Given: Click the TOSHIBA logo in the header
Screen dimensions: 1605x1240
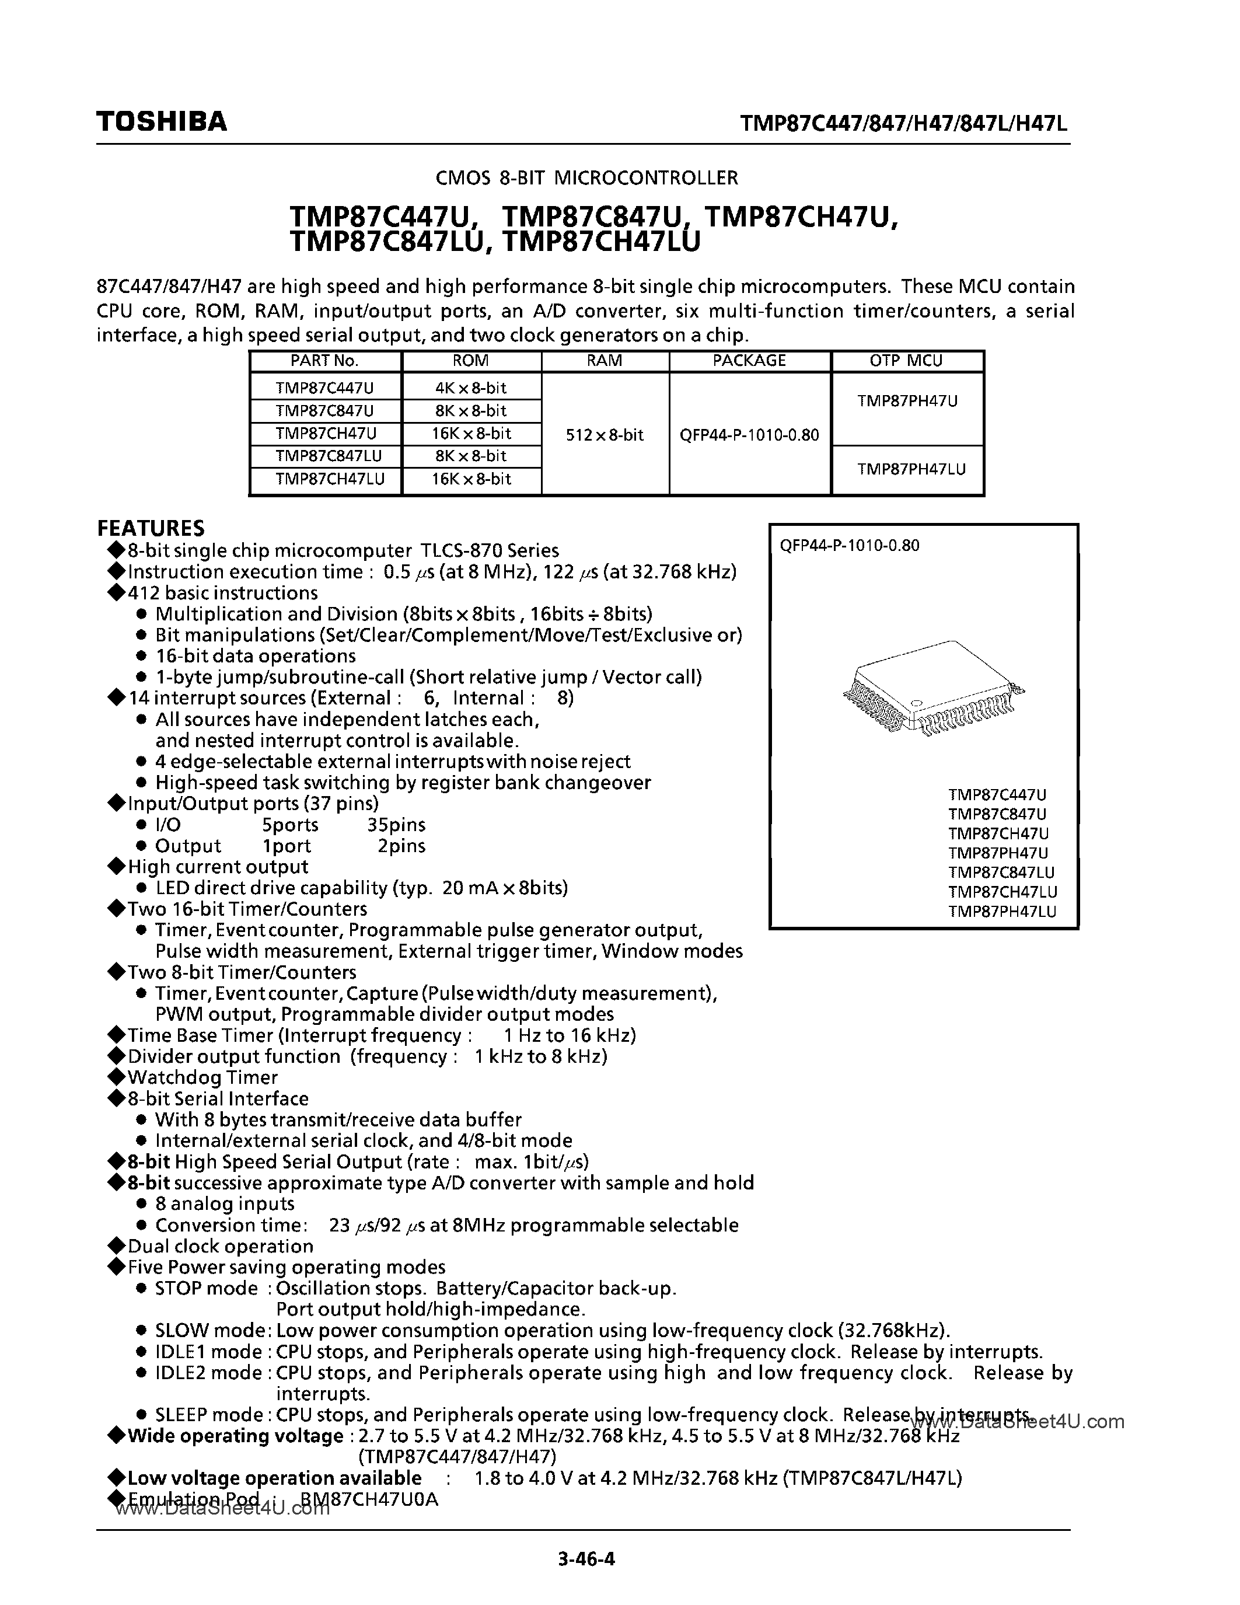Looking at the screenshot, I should click(x=162, y=121).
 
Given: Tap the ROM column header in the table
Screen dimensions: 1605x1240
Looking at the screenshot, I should click(x=471, y=361).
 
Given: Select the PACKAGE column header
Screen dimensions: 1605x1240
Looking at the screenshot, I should click(x=749, y=361).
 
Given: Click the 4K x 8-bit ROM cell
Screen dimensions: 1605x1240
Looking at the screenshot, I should click(x=471, y=388).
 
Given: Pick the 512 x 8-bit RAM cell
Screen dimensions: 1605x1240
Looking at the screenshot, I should click(x=605, y=435).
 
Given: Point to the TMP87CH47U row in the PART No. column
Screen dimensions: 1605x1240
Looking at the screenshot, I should click(x=326, y=434).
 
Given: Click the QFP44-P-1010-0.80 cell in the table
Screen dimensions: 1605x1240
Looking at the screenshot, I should click(x=749, y=435).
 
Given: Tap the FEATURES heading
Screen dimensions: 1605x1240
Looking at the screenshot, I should click(x=151, y=528).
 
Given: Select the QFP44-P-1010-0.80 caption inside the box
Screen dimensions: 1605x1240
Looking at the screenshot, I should click(x=849, y=545).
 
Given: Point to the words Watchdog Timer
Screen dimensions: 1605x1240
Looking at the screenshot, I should click(x=202, y=1078).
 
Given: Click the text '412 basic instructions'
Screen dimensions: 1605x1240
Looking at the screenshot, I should click(x=222, y=593).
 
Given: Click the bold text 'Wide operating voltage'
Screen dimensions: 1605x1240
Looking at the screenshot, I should click(x=235, y=1436).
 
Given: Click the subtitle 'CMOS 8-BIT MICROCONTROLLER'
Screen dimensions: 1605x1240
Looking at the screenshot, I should click(x=586, y=178).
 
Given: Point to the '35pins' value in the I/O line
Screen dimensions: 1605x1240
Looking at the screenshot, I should click(x=396, y=825).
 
